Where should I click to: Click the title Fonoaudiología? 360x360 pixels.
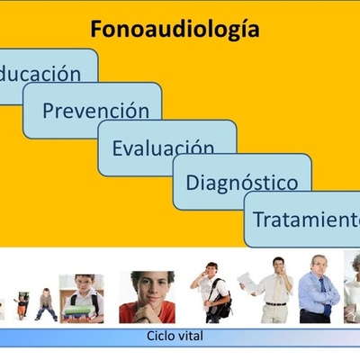[175, 29]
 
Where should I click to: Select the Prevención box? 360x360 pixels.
[94, 111]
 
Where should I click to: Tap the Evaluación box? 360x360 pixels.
[166, 147]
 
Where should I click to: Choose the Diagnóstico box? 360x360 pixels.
[241, 183]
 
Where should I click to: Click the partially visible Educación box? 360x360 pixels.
[45, 74]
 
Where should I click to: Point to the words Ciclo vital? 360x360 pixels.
[180, 337]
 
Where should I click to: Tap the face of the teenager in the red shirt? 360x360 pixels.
[147, 291]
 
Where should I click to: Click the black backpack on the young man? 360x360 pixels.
[220, 301]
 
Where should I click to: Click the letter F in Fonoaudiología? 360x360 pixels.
[96, 29]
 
